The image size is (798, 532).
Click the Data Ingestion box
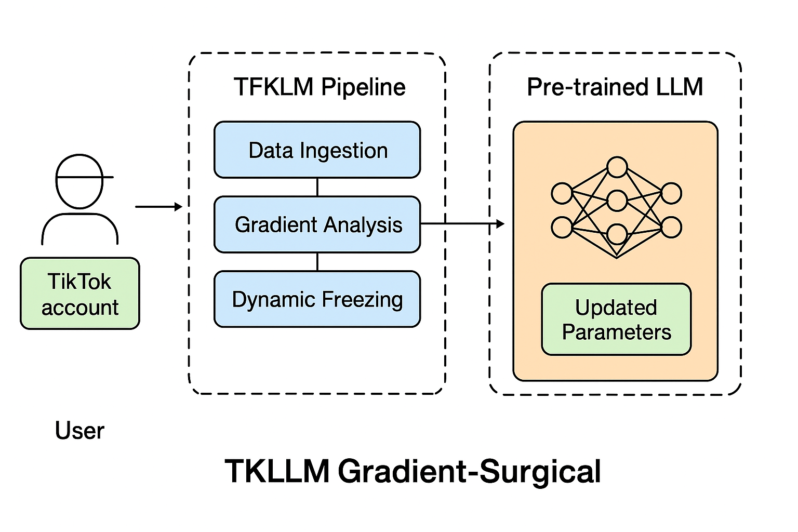pyautogui.click(x=317, y=150)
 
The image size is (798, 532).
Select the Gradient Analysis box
pyautogui.click(x=317, y=224)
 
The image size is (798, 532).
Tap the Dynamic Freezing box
pyautogui.click(x=317, y=299)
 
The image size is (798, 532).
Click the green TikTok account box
pyautogui.click(x=80, y=294)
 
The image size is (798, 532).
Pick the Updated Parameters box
pyautogui.click(x=616, y=319)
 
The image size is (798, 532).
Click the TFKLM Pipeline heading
pyautogui.click(x=319, y=87)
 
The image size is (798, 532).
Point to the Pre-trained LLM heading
pyautogui.click(x=615, y=87)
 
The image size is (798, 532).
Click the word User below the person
pyautogui.click(x=79, y=431)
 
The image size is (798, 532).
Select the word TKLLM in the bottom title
pyautogui.click(x=277, y=471)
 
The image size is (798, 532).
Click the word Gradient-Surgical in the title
pyautogui.click(x=469, y=471)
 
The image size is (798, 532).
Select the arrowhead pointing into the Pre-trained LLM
pyautogui.click(x=500, y=224)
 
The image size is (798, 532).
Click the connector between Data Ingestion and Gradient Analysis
pyautogui.click(x=317, y=187)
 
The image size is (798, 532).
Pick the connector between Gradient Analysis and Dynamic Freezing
pyautogui.click(x=317, y=262)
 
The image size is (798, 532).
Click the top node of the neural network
pyautogui.click(x=617, y=167)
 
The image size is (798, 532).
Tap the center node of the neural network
pyautogui.click(x=617, y=201)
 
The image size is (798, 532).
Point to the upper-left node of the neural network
pyautogui.click(x=562, y=193)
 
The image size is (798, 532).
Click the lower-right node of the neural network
pyautogui.click(x=671, y=227)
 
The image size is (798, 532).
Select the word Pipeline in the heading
pyautogui.click(x=363, y=87)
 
